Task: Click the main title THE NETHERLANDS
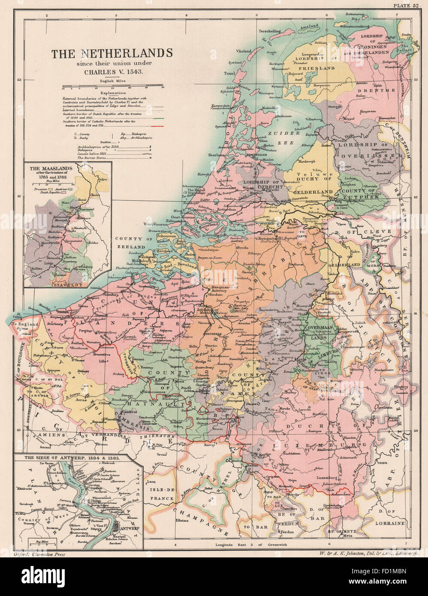pos(112,54)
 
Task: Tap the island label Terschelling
pos(269,31)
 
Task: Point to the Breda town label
pos(243,248)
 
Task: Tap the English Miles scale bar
pos(112,86)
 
